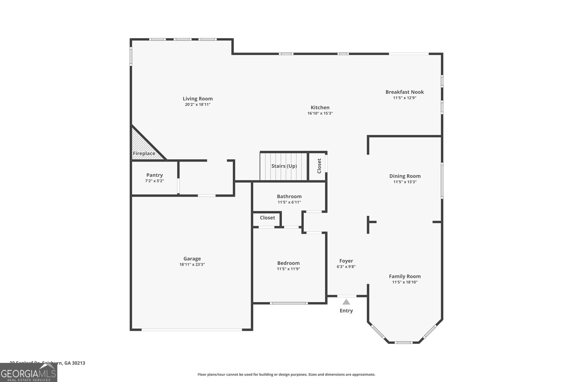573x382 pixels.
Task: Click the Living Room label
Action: [x=198, y=99]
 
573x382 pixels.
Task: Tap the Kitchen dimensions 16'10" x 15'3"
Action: [x=320, y=113]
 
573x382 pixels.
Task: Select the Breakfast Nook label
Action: [x=404, y=92]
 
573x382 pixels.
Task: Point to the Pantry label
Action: [x=154, y=175]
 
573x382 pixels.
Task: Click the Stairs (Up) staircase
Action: [x=284, y=166]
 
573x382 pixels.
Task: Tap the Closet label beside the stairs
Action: [x=319, y=166]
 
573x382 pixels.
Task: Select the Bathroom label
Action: [x=289, y=196]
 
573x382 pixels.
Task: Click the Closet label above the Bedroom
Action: [x=267, y=218]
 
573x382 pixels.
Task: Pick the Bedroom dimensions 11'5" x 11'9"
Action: [x=288, y=269]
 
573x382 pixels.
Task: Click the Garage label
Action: [x=192, y=258]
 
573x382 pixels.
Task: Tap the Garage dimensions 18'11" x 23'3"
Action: [x=192, y=265]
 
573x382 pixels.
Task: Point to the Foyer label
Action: [x=346, y=261]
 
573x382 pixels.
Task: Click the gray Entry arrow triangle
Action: [x=346, y=302]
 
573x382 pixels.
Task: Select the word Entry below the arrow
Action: [x=346, y=311]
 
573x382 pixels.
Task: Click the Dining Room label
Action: [x=405, y=176]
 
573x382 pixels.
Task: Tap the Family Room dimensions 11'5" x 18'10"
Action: [x=405, y=282]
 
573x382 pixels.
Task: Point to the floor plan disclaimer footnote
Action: [x=286, y=374]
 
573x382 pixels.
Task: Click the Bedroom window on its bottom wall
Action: [x=289, y=303]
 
